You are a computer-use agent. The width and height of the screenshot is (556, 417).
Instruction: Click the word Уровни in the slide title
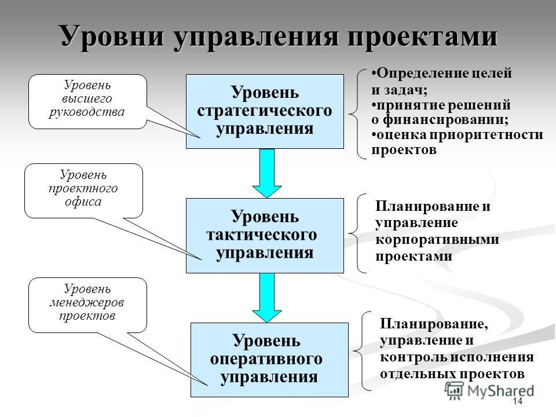(113, 36)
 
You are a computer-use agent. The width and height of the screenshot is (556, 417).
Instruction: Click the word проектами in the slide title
(423, 36)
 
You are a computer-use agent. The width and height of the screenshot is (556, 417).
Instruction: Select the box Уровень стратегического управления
(265, 111)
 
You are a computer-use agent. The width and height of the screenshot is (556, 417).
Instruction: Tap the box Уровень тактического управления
(265, 236)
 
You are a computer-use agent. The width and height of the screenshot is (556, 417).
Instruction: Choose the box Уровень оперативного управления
(269, 360)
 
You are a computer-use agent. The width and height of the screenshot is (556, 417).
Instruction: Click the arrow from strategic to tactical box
(267, 173)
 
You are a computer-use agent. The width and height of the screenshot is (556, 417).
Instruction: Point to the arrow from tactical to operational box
(267, 298)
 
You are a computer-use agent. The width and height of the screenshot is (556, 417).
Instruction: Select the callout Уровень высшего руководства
(87, 101)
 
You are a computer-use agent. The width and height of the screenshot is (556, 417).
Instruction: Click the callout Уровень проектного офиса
(83, 191)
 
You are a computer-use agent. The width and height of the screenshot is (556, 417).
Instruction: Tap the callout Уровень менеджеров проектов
(87, 305)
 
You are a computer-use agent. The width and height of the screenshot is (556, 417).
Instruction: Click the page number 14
(518, 401)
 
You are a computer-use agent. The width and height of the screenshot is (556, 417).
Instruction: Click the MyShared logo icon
(454, 391)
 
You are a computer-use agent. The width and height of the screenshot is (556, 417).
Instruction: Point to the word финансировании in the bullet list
(445, 119)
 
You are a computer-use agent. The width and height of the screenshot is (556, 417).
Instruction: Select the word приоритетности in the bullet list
(486, 135)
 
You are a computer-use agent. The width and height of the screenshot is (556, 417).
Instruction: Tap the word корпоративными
(437, 239)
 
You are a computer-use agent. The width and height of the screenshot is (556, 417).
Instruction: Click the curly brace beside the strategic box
(357, 114)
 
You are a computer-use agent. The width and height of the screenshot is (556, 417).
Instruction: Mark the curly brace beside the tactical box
(357, 233)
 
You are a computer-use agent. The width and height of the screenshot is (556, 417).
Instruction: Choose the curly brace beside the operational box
(362, 351)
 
